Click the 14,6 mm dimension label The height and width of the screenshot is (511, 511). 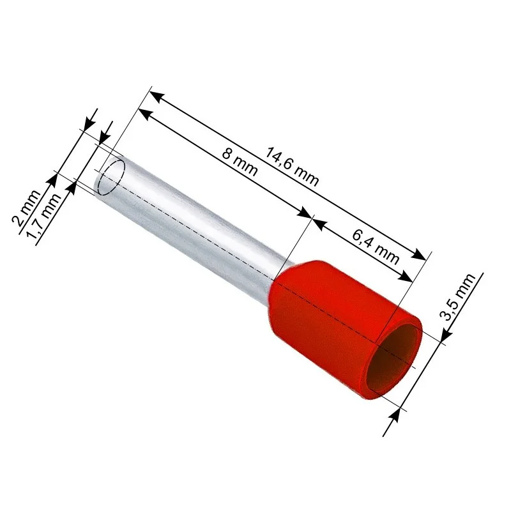(293, 167)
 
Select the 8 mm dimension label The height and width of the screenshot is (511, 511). (240, 162)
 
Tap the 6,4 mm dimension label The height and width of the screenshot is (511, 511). (376, 247)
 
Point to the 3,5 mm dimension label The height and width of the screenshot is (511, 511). (457, 296)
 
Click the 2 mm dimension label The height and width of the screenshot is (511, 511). (26, 208)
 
